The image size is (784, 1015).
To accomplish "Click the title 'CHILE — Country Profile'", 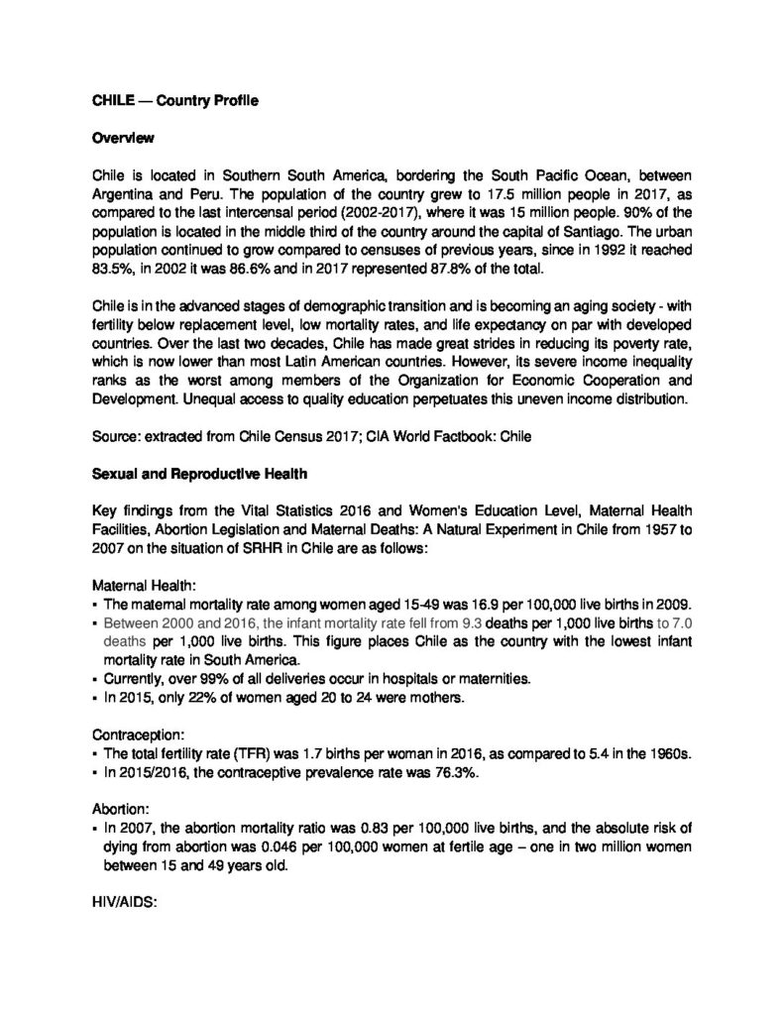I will coord(162,100).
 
